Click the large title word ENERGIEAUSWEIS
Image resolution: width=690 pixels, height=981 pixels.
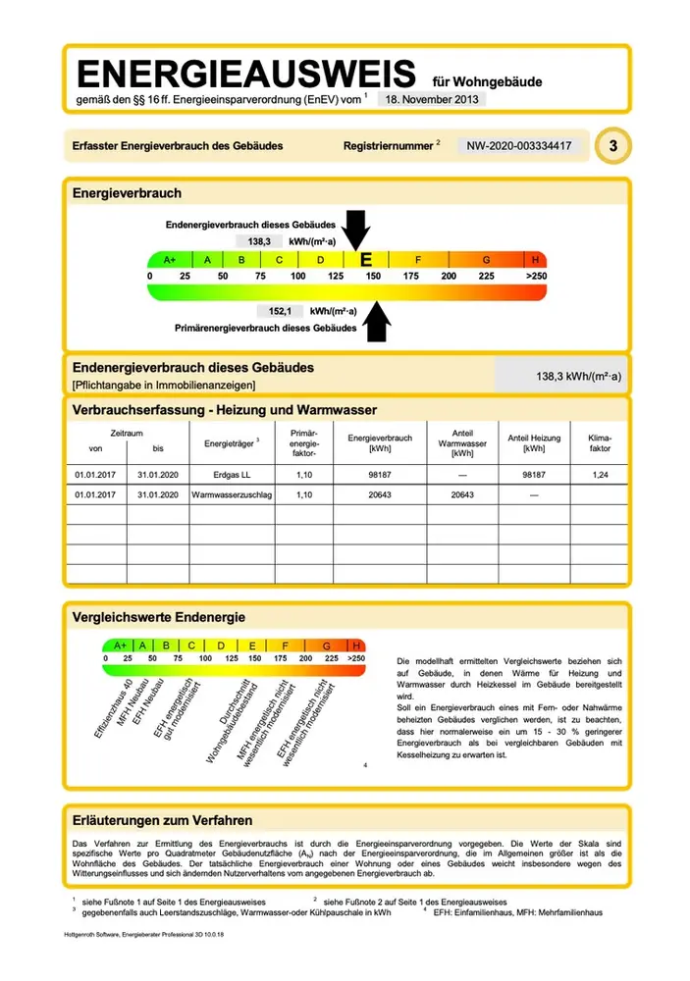pyautogui.click(x=246, y=75)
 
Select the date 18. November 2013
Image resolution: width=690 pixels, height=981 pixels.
pyautogui.click(x=431, y=98)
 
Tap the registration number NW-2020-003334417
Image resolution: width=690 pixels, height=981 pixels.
pyautogui.click(x=518, y=146)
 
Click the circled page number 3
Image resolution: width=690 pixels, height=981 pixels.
pyautogui.click(x=612, y=146)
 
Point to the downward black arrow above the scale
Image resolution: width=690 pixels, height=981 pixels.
pyautogui.click(x=358, y=232)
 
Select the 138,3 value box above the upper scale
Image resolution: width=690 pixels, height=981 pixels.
pyautogui.click(x=258, y=240)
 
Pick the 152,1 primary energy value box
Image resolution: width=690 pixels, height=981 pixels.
pyautogui.click(x=281, y=311)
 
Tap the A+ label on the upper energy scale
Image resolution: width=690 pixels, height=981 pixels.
pyautogui.click(x=169, y=260)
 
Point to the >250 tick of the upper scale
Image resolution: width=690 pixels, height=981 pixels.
pyautogui.click(x=535, y=277)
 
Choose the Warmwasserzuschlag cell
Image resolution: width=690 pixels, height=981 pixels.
pyautogui.click(x=231, y=494)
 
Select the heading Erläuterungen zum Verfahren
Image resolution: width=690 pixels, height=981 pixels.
pyautogui.click(x=163, y=820)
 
